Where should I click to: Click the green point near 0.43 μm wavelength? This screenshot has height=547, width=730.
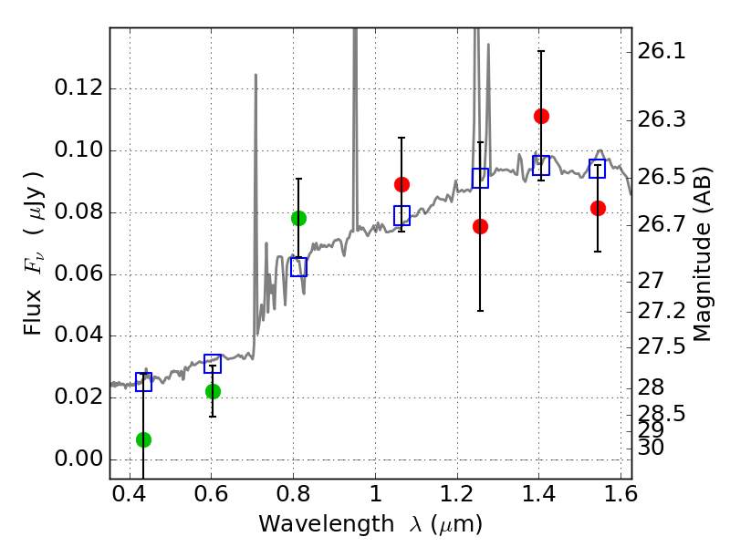[143, 439]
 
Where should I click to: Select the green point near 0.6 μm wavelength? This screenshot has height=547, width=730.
[213, 392]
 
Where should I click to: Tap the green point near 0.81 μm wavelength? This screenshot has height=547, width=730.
[299, 218]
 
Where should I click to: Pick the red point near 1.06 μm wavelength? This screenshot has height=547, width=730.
[401, 185]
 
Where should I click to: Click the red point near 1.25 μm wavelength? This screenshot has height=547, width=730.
[481, 226]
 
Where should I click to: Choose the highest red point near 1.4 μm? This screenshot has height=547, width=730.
[541, 116]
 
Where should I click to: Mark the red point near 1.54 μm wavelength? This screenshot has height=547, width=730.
[598, 209]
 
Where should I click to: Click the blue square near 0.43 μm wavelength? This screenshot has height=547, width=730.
[143, 382]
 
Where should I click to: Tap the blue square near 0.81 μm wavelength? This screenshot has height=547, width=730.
[299, 267]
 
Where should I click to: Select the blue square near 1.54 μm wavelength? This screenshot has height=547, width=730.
[598, 169]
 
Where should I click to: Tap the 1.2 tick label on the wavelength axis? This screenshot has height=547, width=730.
[457, 494]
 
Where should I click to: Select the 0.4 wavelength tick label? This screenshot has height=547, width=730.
[130, 494]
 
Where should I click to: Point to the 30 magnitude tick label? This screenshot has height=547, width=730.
[651, 448]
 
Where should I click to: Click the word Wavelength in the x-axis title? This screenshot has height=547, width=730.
[327, 525]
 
